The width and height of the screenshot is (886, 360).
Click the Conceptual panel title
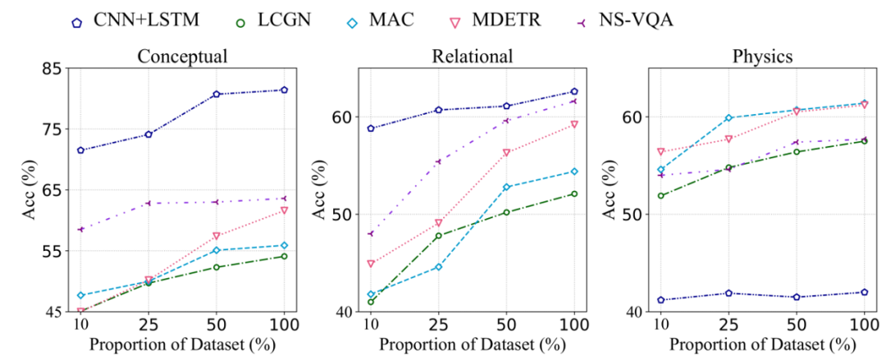tap(182, 57)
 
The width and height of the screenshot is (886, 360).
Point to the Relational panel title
tap(473, 57)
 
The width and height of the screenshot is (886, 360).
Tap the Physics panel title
tap(760, 57)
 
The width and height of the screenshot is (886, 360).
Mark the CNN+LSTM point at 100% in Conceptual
tap(284, 89)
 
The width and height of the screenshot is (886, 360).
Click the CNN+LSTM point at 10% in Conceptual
tap(80, 150)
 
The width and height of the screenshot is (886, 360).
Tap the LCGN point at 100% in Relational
tap(574, 194)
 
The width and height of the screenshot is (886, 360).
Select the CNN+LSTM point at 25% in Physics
tap(728, 293)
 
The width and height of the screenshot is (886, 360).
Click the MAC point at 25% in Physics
tap(728, 118)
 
